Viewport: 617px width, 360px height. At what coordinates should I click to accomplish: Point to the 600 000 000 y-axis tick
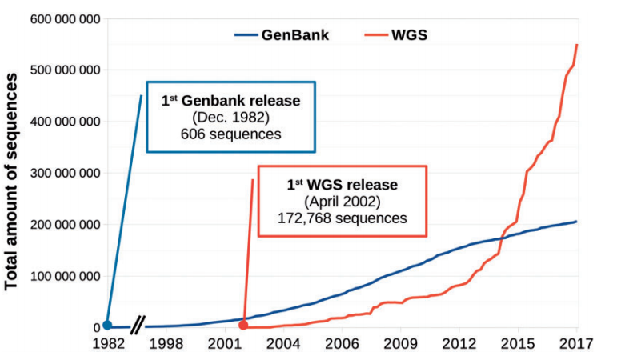[65, 19]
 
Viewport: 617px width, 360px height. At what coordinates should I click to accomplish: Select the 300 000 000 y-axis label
[65, 173]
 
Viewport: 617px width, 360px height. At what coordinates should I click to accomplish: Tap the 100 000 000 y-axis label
[65, 276]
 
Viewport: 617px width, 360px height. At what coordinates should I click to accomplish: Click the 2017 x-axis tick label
[575, 344]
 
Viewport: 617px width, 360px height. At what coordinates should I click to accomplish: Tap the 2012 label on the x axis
[459, 344]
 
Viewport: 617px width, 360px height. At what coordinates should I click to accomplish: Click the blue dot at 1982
[108, 325]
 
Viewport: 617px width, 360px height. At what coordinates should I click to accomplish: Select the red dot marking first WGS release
[244, 325]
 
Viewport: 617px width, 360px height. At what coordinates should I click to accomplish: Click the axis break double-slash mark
[138, 326]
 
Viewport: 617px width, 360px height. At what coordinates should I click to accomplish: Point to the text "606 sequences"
[231, 134]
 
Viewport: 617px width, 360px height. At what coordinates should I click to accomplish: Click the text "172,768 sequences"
[343, 218]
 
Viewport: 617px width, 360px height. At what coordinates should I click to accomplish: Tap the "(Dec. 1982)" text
[231, 118]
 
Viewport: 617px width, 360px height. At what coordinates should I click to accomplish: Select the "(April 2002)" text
[343, 201]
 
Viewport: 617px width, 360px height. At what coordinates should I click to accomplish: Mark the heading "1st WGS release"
[343, 185]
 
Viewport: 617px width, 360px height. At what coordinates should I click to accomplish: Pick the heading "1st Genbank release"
[231, 101]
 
